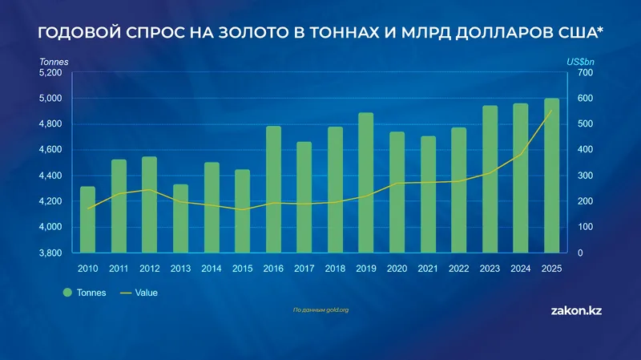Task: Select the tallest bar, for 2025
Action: tap(551, 176)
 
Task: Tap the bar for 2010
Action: tap(87, 220)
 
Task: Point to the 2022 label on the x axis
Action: tap(458, 268)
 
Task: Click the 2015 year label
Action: tap(242, 268)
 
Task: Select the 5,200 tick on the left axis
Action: tap(50, 73)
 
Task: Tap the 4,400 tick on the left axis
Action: tap(50, 176)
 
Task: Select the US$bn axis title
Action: tap(580, 61)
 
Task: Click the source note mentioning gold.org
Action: tap(320, 309)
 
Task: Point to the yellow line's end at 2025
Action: tap(551, 111)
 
